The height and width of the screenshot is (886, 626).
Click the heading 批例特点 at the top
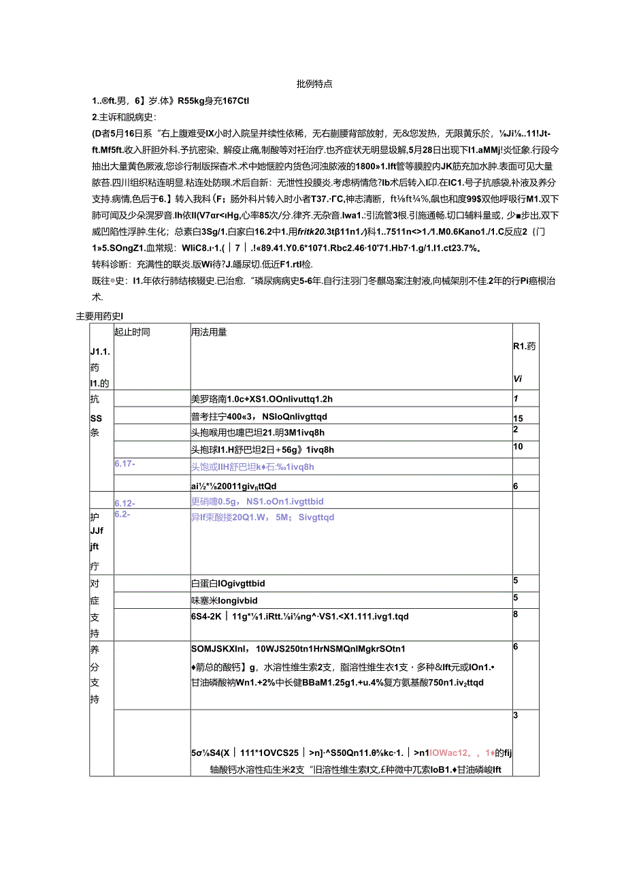coord(314,84)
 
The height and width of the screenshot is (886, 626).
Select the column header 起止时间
coord(132,332)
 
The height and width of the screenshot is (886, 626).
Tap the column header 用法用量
coord(209,332)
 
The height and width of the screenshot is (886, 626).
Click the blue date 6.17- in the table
coord(125,464)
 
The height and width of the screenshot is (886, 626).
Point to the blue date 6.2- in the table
coord(123,514)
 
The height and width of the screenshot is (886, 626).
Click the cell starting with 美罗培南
coord(259,399)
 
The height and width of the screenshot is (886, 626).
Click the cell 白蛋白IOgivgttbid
coord(227,584)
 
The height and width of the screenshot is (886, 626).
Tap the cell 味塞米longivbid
coord(224,601)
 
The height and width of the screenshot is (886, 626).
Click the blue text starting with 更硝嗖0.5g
coord(257,501)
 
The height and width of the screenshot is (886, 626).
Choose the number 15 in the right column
coord(517,417)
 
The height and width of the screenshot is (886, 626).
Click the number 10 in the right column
coord(517,446)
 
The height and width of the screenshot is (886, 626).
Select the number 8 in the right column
coord(516,614)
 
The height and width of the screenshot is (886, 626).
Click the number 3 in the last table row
coord(516,715)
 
